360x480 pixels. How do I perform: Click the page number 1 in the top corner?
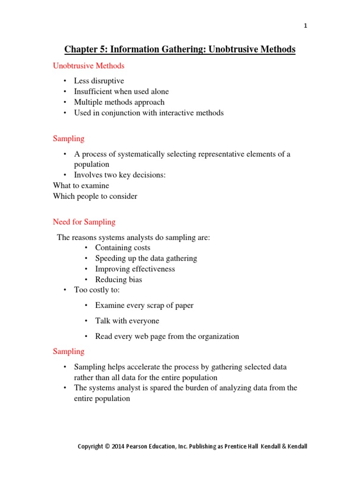pyautogui.click(x=305, y=26)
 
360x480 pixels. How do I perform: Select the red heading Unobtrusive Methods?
pyautogui.click(x=89, y=66)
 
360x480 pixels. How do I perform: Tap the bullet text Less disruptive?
pyautogui.click(x=99, y=81)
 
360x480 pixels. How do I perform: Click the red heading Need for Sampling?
pyautogui.click(x=84, y=222)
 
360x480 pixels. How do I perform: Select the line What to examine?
pyautogui.click(x=81, y=186)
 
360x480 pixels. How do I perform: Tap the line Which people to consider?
pyautogui.click(x=95, y=196)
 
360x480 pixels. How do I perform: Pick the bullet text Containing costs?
pyautogui.click(x=122, y=247)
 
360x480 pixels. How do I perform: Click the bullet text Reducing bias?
pyautogui.click(x=118, y=279)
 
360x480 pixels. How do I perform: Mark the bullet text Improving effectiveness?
pyautogui.click(x=135, y=269)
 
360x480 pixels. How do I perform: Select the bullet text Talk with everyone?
pyautogui.click(x=127, y=321)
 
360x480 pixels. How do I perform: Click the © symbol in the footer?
pyautogui.click(x=107, y=447)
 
